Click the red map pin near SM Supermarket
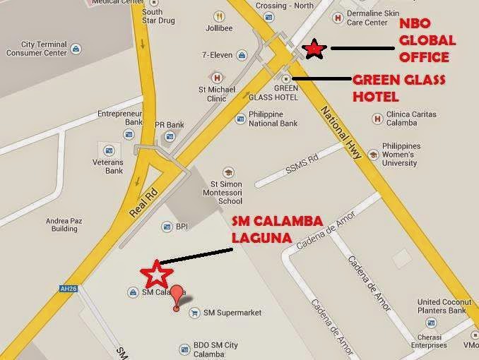coord(176,295)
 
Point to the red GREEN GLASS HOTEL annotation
coord(398,87)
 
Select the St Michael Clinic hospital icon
coord(217,77)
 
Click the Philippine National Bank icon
coord(240,120)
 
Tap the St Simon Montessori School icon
coord(228,172)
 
